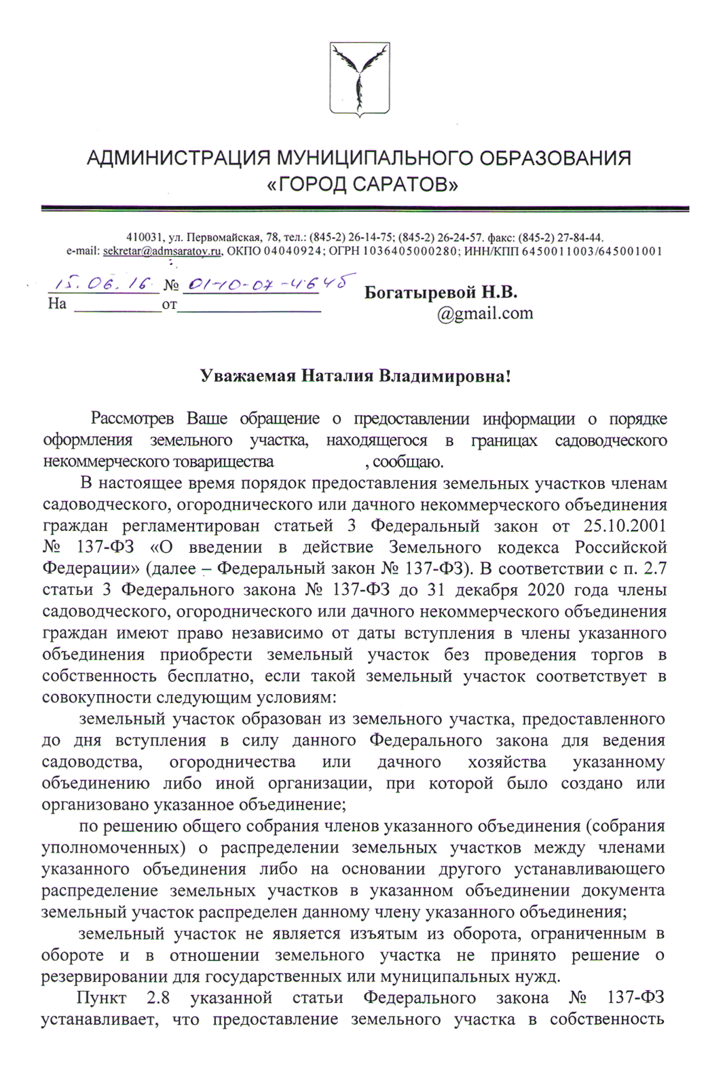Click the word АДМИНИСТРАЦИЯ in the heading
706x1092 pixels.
[178, 158]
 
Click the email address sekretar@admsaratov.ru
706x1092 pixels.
[163, 251]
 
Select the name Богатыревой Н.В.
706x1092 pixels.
[441, 293]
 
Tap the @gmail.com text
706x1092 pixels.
[485, 313]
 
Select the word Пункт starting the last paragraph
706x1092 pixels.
[101, 998]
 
